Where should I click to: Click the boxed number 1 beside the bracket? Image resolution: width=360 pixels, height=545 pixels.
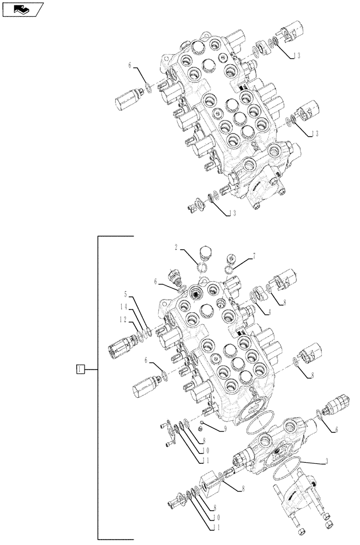(80, 370)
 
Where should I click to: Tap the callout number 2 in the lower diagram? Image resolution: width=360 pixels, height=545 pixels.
(177, 248)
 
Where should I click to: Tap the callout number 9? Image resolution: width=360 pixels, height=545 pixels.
(225, 428)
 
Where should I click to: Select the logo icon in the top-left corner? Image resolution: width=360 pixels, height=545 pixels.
(22, 9)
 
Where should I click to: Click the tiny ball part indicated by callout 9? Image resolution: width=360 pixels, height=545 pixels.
(202, 422)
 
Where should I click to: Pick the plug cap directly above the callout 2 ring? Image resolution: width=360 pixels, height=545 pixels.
(206, 253)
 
